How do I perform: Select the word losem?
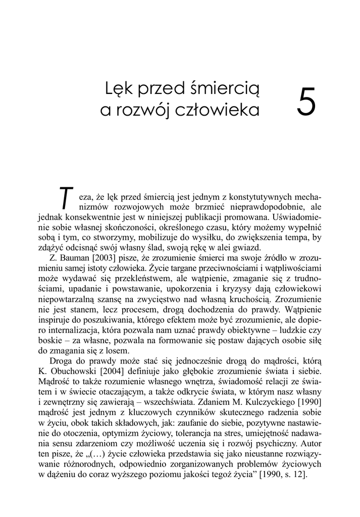(118, 351)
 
